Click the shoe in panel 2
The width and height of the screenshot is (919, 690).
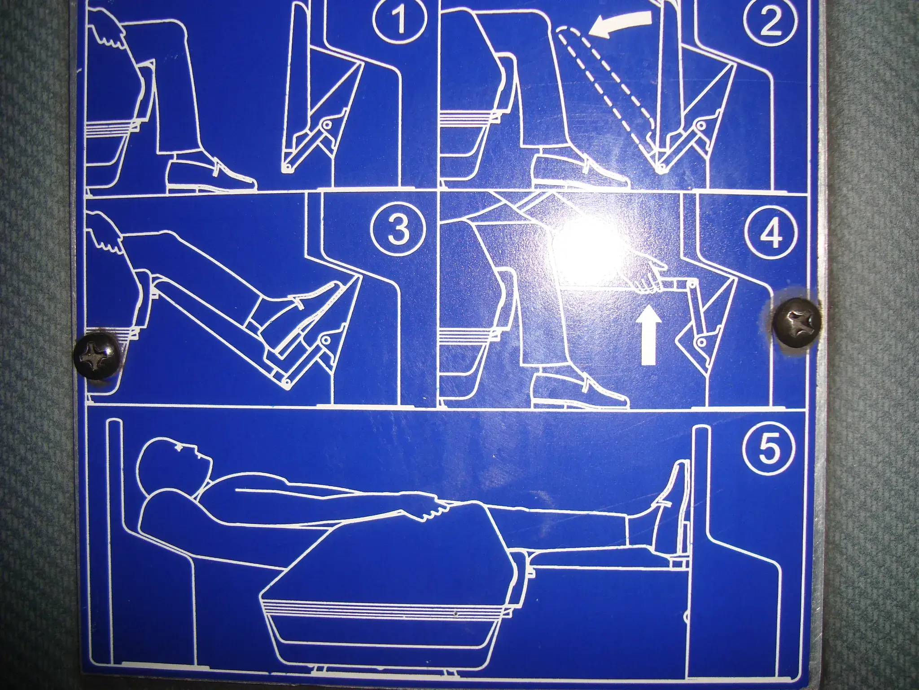(x=579, y=172)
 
